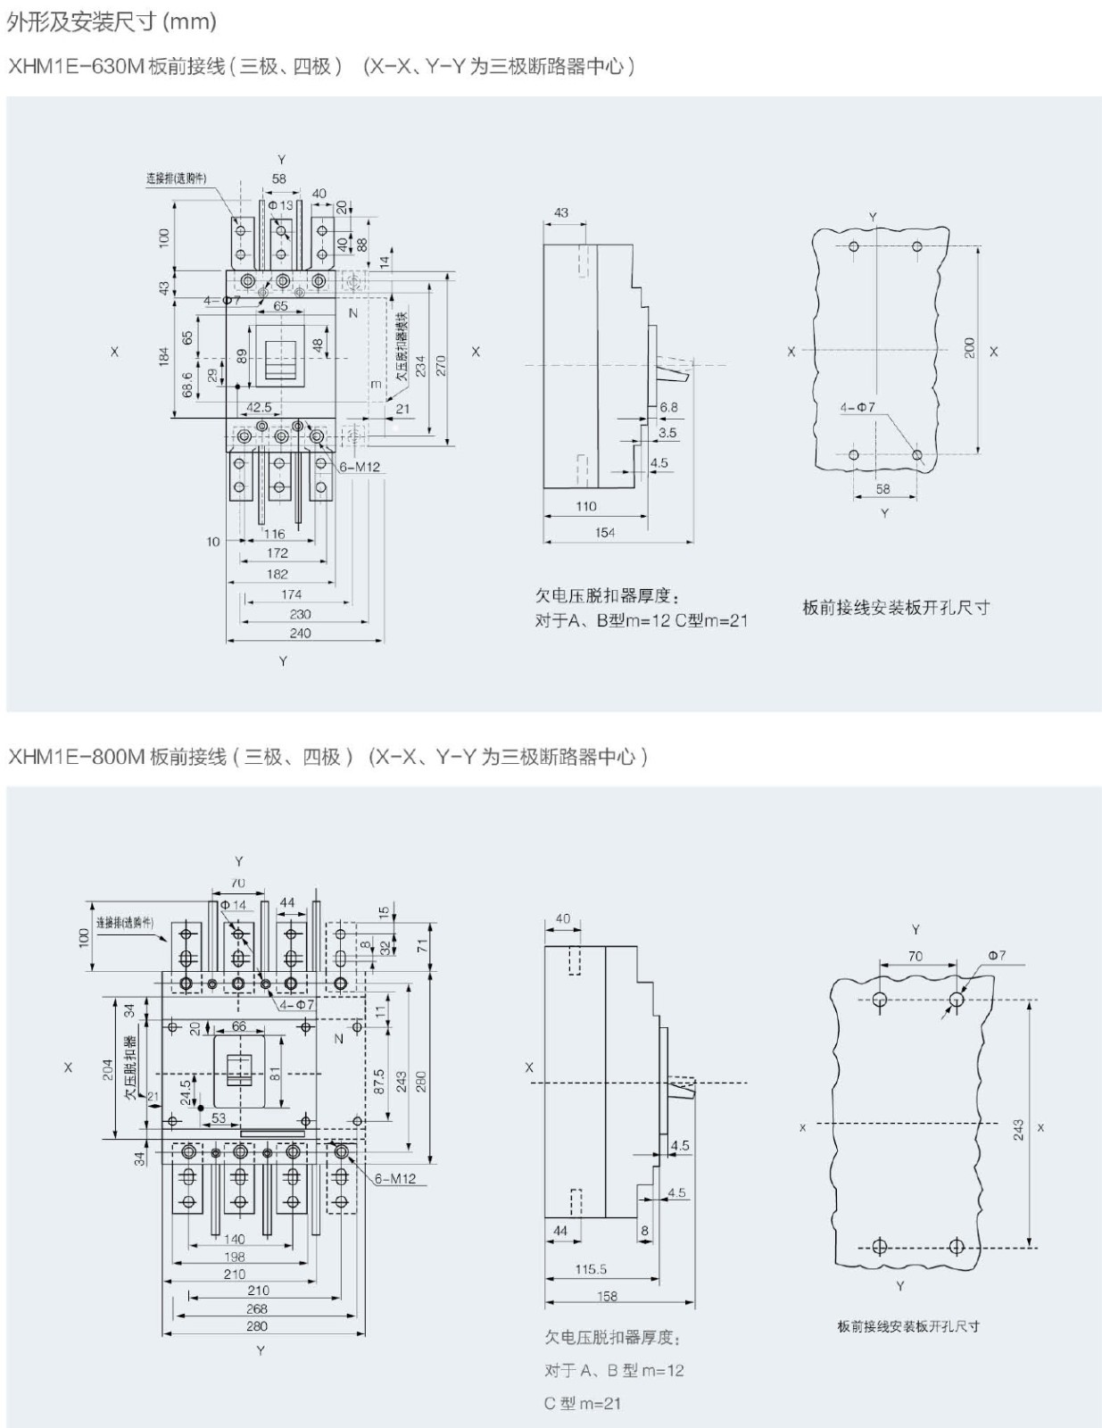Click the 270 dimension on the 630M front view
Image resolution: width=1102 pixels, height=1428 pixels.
(440, 364)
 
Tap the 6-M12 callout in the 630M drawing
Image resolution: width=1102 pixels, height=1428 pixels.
(360, 466)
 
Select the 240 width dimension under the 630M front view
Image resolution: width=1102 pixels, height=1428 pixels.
(301, 633)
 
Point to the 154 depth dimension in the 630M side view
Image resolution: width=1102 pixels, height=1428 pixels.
(605, 533)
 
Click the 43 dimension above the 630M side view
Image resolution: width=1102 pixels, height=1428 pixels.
(560, 212)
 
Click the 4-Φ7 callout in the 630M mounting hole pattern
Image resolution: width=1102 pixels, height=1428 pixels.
(858, 407)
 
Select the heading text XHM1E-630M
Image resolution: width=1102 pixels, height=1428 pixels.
(76, 66)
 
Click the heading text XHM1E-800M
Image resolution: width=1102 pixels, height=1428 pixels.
(76, 757)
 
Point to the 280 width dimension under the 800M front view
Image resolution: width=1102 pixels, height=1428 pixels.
(257, 1326)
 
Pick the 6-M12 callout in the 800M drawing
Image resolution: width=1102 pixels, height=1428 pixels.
(395, 1178)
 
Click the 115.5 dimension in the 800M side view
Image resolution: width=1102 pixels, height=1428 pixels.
(591, 1268)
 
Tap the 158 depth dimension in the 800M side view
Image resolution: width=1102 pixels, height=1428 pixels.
(607, 1296)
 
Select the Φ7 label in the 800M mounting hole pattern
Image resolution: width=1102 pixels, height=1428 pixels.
(996, 955)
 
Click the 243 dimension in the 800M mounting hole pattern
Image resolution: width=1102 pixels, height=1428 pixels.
(1019, 1130)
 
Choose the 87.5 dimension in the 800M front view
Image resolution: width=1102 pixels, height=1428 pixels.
(379, 1082)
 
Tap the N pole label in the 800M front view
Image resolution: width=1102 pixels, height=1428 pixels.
(338, 1039)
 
